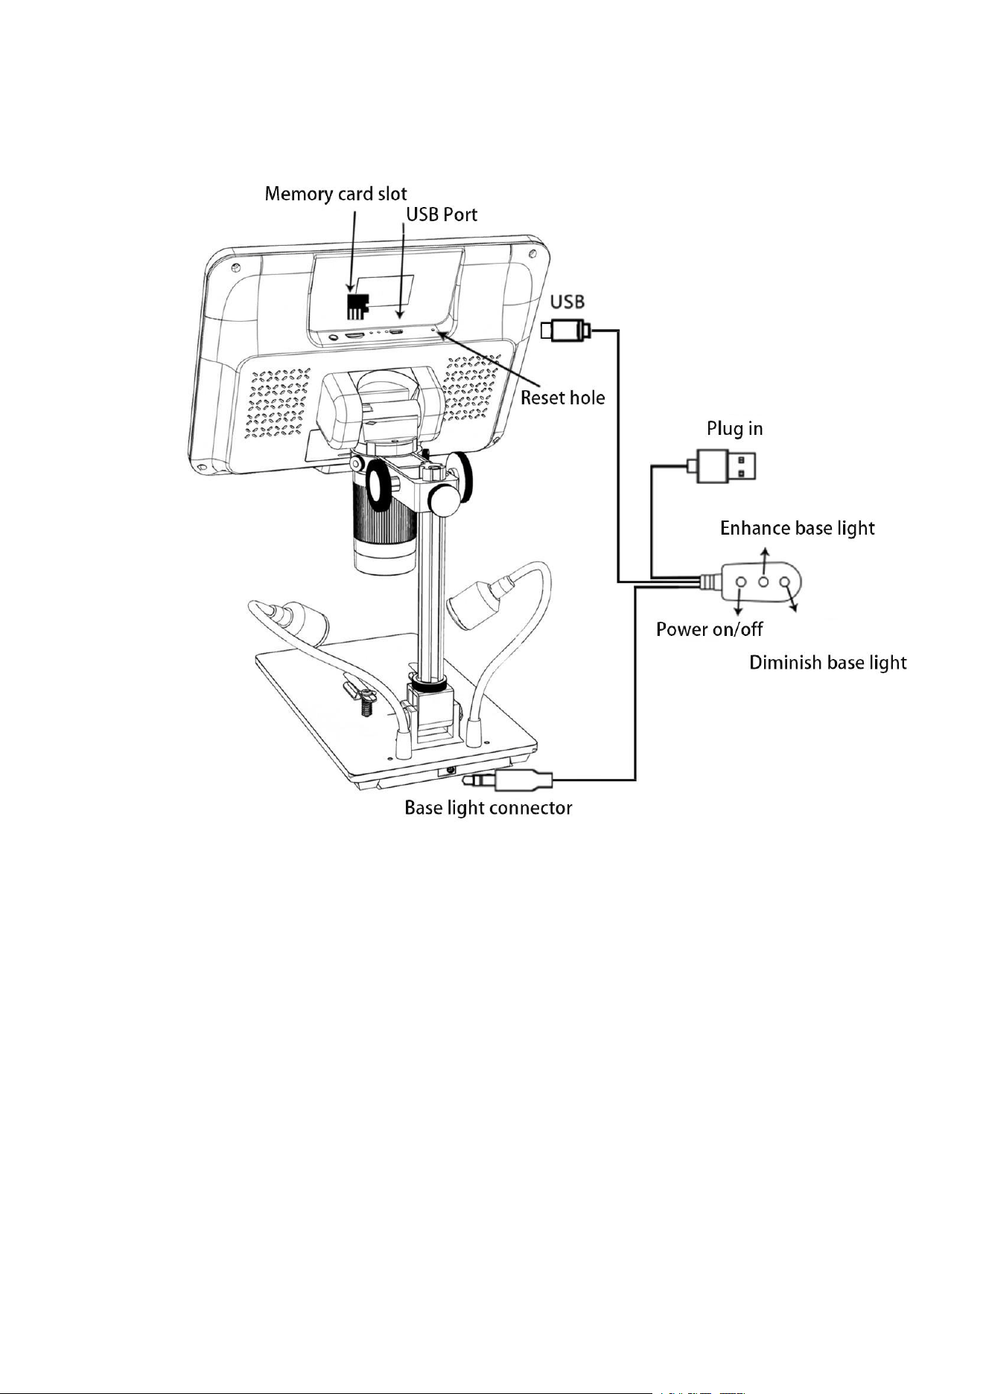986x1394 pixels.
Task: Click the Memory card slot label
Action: (336, 195)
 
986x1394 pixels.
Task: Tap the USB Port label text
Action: (441, 214)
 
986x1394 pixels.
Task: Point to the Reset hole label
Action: (562, 398)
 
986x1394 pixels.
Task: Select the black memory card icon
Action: (359, 303)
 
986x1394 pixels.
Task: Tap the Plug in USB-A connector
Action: (726, 466)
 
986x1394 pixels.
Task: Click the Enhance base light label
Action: (797, 528)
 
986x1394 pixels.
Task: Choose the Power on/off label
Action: (709, 630)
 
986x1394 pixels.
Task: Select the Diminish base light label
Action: (827, 663)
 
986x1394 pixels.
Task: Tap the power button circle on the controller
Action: (741, 581)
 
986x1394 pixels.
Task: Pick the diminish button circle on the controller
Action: (785, 581)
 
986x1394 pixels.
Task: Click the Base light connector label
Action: (488, 808)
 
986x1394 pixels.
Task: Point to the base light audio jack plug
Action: (507, 780)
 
